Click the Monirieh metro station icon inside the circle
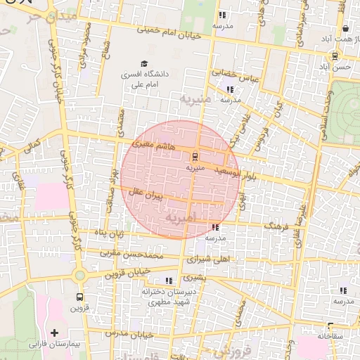coord(195,157)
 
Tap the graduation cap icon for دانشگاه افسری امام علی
coord(144,64)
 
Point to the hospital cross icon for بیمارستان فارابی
coord(54,332)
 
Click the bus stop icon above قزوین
coord(79,297)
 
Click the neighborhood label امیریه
coord(181,219)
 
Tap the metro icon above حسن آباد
coord(335,56)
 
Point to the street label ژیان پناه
coord(110,233)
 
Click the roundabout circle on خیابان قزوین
coord(79,275)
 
